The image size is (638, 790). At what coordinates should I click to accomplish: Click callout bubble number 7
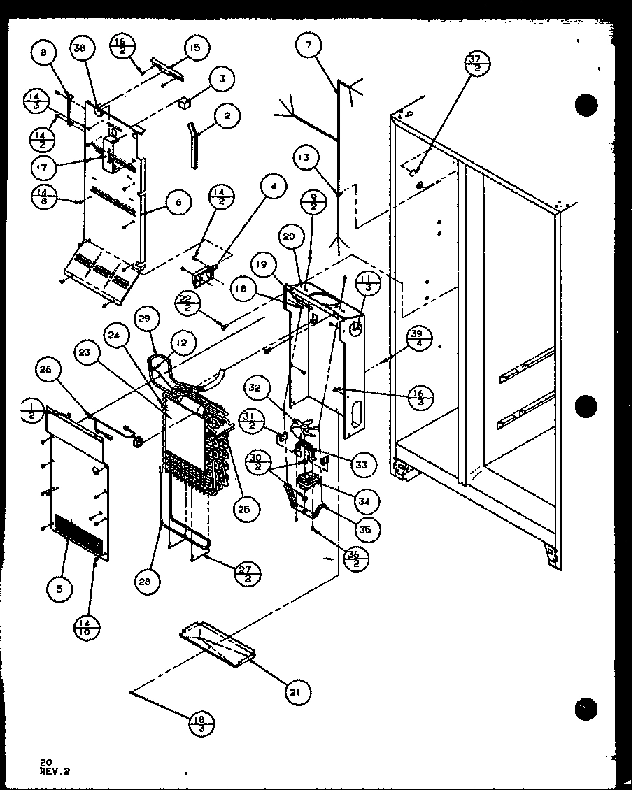(x=309, y=45)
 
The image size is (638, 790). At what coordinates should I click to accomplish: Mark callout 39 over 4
(x=423, y=337)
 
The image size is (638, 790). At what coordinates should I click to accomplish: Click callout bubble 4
(x=274, y=188)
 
